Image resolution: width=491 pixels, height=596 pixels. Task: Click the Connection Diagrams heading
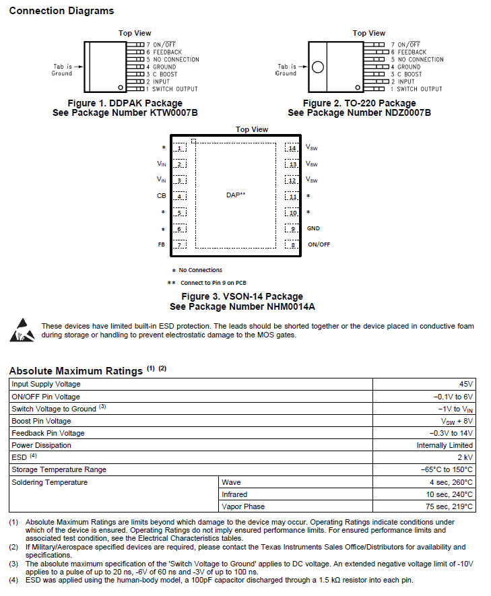coord(61,11)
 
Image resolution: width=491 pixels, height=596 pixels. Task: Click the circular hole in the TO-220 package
coord(318,67)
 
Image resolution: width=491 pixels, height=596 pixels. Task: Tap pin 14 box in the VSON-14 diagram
coord(291,147)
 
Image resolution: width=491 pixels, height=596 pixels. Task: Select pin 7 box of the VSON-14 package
coord(180,244)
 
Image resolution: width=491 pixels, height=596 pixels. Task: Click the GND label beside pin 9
coord(313,228)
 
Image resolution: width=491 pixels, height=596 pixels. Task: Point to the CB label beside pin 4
coord(161,196)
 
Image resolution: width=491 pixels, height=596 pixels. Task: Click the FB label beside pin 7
coord(161,244)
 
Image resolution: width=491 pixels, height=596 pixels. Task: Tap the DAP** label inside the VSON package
coord(236,195)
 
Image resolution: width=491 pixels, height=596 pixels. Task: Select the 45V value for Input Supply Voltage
coord(465,384)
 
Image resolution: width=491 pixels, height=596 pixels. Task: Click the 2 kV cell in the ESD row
coord(463,457)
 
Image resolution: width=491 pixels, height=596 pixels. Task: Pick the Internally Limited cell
coord(445,445)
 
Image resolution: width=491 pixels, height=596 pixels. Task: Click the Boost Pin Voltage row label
coord(41,421)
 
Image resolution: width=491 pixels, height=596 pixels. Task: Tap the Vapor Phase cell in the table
coord(243,506)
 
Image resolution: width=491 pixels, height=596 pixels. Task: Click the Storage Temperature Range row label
coord(59,469)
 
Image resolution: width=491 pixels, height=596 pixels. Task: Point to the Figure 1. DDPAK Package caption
coord(125,103)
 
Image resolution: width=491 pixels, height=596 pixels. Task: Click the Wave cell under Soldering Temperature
coord(231,482)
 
